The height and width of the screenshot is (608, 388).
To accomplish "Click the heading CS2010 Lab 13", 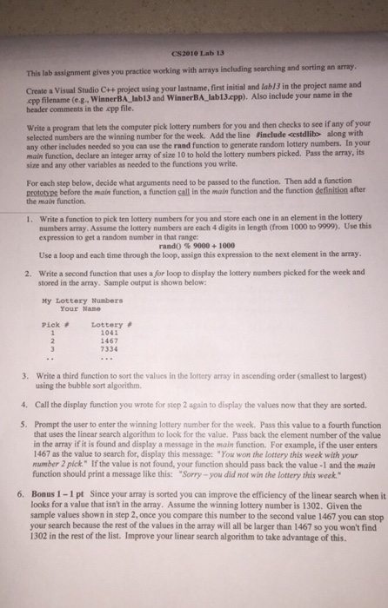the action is tap(192, 51).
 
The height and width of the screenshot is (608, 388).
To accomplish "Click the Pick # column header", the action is tap(56, 324).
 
